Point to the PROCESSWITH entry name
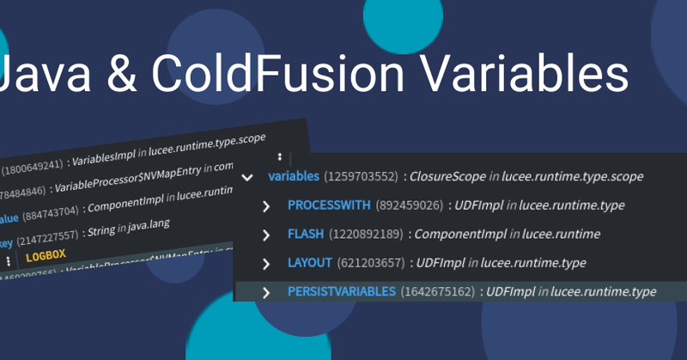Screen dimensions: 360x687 tap(329, 205)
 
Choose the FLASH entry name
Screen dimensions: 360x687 tap(307, 234)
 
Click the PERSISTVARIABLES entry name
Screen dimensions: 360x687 tap(342, 292)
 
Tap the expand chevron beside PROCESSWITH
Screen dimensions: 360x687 tap(266, 206)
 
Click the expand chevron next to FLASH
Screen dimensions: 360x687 tap(266, 235)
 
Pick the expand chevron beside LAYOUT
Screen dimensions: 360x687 tap(266, 264)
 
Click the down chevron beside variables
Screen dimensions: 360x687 tap(248, 178)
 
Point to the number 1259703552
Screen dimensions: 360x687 tap(361, 177)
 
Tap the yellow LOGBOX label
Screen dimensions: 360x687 tap(46, 256)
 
